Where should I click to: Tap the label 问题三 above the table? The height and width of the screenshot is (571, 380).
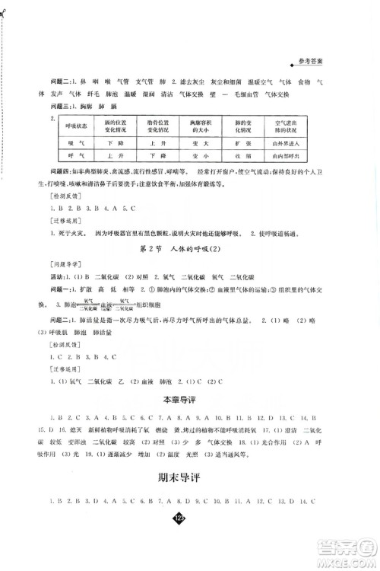coord(60,107)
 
